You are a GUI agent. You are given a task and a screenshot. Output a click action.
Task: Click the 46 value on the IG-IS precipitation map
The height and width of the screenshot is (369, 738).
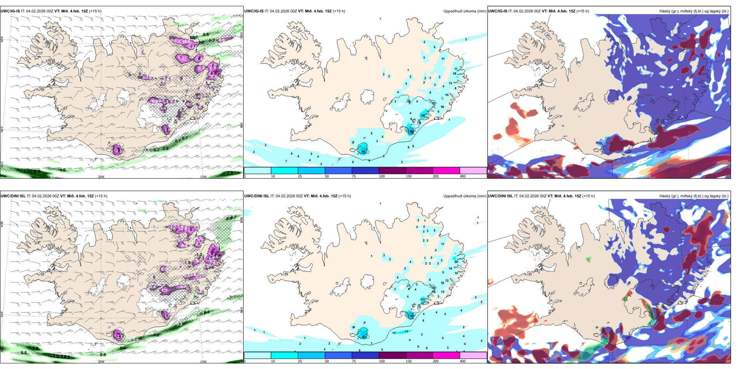coord(364,151)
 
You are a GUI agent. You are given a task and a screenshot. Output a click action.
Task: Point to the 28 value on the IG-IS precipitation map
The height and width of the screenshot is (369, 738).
coord(423,115)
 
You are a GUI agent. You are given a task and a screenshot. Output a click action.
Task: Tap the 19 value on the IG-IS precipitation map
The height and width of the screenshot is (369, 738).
coord(454,73)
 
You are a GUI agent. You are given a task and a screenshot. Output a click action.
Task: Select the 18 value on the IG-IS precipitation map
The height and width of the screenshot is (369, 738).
coord(442,107)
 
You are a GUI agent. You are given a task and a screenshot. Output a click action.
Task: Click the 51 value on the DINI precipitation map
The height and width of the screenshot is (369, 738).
coord(412,316)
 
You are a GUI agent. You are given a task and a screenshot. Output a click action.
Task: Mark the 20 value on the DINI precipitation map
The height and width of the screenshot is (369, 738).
coord(456,262)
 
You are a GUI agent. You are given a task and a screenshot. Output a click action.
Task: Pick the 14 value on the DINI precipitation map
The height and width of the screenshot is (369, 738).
coord(451,268)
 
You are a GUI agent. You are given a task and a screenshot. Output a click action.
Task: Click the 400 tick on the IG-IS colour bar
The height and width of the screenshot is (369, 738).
coord(463,176)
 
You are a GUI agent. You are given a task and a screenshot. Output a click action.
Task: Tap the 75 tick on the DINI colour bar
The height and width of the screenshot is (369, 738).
coord(354,361)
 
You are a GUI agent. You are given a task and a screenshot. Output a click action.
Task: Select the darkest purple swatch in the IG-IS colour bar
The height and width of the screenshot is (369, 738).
coord(392,170)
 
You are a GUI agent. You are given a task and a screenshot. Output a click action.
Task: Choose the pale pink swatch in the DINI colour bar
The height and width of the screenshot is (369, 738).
coord(473,355)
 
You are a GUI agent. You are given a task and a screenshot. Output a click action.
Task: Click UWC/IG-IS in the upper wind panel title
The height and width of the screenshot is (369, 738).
coord(10,11)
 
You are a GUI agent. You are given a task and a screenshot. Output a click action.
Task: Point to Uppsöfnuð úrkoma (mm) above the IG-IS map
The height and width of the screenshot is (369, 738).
coord(465,11)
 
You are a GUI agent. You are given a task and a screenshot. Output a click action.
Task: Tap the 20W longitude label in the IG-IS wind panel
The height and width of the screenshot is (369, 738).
coord(101,177)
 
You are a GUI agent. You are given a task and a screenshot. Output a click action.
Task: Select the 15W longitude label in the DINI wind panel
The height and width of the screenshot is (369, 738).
coord(203,362)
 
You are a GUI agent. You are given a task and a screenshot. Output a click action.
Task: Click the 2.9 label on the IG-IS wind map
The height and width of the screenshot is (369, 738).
coord(230,173)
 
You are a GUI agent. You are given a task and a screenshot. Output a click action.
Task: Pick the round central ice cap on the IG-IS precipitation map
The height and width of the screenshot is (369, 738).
coord(367,96)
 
